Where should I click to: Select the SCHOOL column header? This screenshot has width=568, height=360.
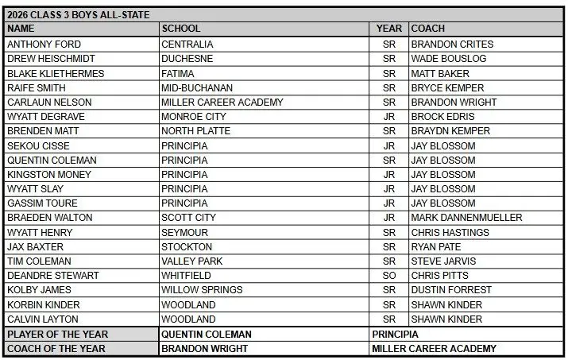(x=181, y=29)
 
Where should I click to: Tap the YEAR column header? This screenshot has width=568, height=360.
(x=389, y=29)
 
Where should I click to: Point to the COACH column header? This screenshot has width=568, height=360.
(x=428, y=29)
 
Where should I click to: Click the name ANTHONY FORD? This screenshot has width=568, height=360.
(x=44, y=45)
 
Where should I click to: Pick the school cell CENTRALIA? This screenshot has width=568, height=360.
(x=187, y=45)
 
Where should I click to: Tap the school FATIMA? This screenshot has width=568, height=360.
(x=178, y=73)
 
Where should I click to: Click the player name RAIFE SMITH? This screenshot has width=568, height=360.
(x=37, y=87)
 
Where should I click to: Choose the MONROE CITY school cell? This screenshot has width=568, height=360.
(x=193, y=117)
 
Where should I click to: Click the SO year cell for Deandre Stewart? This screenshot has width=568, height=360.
(x=389, y=275)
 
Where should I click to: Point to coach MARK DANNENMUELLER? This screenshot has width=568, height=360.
(x=466, y=218)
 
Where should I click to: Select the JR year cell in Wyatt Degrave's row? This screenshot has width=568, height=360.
(x=389, y=117)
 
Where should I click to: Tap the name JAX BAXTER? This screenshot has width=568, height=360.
(x=35, y=246)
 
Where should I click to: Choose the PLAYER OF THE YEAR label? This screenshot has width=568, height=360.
(x=57, y=335)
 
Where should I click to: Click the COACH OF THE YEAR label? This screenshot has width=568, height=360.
(x=57, y=349)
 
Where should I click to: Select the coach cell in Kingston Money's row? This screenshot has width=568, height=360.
(x=443, y=174)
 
